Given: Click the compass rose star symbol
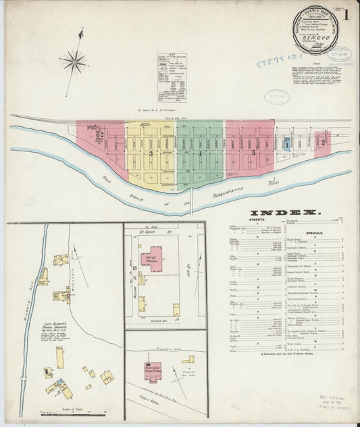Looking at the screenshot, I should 74,63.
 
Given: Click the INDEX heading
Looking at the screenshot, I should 287,212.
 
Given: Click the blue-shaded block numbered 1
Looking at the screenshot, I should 287,143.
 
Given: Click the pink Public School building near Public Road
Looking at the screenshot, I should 150,370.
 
